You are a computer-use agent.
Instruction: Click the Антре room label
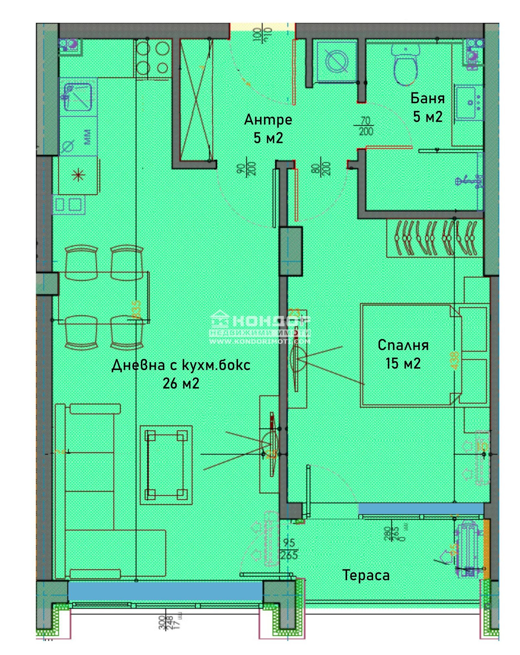[268, 120]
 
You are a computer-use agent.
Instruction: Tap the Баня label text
[427, 98]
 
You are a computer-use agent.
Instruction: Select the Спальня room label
[403, 345]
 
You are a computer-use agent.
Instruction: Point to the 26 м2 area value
[181, 384]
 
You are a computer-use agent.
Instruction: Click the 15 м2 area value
[403, 363]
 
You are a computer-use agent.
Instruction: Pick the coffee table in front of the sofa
[166, 465]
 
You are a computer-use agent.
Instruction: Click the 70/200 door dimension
[366, 126]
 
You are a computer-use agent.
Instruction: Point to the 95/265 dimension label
[289, 549]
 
